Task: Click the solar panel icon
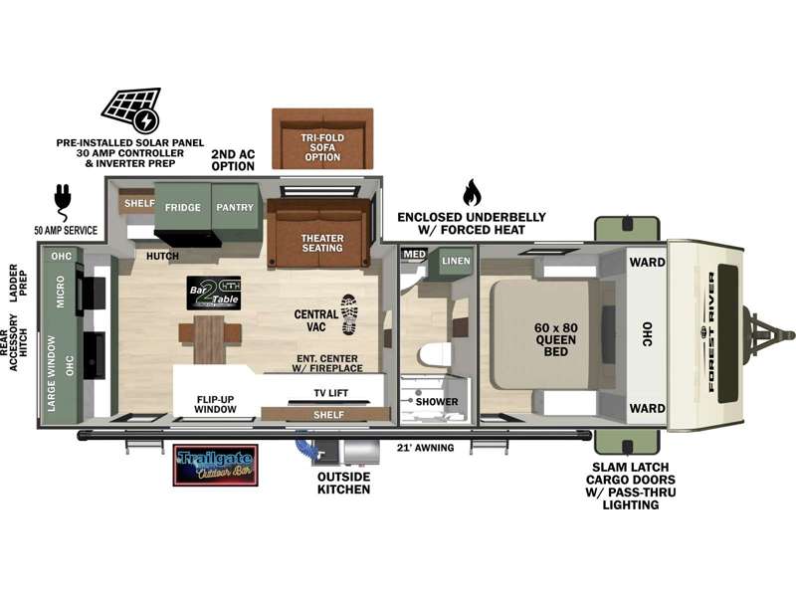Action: coord(130,109)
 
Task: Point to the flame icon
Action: coord(472,192)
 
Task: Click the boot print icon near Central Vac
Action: coord(350,313)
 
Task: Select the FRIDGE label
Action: coord(183,208)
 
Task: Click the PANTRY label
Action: coord(235,208)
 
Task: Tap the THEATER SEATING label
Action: coord(322,242)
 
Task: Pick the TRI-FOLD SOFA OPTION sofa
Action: coord(322,138)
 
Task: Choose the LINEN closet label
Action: coord(455,261)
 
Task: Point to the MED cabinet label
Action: coord(413,255)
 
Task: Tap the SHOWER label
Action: coord(438,402)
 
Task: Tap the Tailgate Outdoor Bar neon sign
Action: coord(215,465)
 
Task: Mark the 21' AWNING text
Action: coord(425,448)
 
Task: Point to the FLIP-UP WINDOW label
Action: coord(215,404)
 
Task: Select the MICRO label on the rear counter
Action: coord(62,295)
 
